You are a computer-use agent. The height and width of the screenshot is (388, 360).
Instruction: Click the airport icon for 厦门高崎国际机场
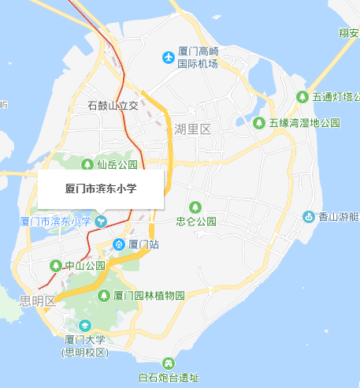[167, 57]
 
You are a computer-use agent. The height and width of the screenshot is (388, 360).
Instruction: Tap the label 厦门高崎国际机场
[197, 58]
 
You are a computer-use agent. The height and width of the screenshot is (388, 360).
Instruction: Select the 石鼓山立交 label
[113, 106]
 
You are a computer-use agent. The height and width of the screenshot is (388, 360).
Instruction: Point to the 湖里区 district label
[193, 129]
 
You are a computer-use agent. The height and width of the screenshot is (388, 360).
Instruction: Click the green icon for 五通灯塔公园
[302, 97]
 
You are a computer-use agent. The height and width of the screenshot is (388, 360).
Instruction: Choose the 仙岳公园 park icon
[87, 165]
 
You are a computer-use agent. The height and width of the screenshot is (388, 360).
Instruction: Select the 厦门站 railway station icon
[119, 244]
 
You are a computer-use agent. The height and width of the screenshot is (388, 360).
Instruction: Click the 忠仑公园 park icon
[196, 207]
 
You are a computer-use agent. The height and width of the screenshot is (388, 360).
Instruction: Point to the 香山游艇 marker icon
[310, 217]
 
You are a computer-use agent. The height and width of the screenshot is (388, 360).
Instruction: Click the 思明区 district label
[37, 300]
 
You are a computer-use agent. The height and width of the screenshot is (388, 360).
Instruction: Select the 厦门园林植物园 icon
[104, 296]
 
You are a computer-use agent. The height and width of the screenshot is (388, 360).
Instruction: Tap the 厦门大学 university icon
[85, 325]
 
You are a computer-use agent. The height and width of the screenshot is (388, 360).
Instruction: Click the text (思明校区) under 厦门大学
[85, 352]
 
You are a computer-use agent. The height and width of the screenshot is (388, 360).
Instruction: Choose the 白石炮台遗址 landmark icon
[168, 363]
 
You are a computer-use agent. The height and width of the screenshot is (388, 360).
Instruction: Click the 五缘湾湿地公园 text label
[304, 123]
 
